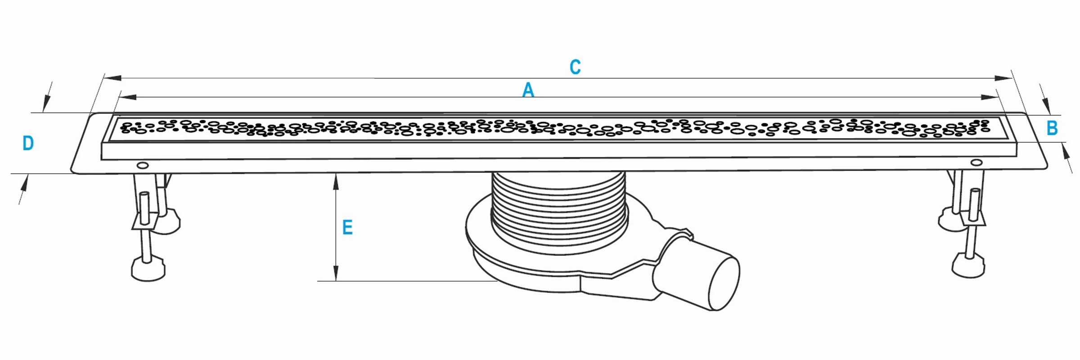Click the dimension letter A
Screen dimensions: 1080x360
(528, 90)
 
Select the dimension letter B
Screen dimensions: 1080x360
(1052, 128)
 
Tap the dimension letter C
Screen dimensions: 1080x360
(575, 67)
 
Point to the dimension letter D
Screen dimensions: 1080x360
(28, 143)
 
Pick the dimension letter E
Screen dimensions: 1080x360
(347, 228)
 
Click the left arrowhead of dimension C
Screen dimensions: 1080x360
(112, 78)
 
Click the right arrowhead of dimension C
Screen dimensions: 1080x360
(1003, 78)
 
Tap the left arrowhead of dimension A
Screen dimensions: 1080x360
(128, 97)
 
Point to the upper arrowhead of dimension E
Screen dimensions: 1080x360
(336, 182)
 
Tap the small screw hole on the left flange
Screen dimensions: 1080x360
(143, 166)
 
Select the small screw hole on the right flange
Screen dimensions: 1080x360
(976, 162)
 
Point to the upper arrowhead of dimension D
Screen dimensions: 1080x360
(46, 103)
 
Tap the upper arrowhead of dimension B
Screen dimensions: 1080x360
(1046, 106)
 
